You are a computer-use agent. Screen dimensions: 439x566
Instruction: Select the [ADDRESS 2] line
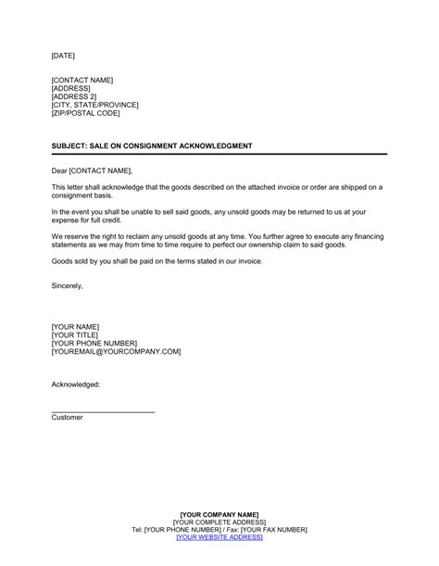tap(75, 95)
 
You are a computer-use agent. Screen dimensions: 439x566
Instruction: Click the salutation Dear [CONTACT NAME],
tap(92, 170)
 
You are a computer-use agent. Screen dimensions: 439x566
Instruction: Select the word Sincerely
tap(67, 285)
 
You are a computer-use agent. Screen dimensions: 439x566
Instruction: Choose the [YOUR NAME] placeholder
tap(75, 327)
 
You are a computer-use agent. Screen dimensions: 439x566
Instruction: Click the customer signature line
tap(103, 410)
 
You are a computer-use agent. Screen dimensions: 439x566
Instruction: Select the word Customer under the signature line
tap(67, 418)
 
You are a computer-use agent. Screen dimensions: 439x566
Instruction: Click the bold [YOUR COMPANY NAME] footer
tap(219, 514)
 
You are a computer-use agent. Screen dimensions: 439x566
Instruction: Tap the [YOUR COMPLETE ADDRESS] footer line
tap(219, 522)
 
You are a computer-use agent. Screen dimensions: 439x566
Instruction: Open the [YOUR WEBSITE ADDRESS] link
tap(219, 537)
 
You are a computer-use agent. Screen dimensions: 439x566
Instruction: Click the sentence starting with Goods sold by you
tap(157, 261)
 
